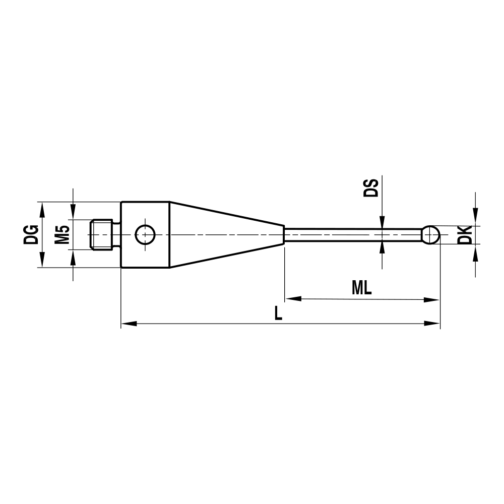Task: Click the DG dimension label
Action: (31, 234)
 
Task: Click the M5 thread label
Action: (62, 235)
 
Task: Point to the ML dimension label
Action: (361, 288)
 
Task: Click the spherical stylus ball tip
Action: (430, 234)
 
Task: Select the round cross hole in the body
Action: (146, 234)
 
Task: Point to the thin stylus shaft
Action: (353, 234)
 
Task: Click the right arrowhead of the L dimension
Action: (433, 323)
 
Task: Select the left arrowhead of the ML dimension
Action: (293, 299)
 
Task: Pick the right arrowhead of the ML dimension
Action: (432, 299)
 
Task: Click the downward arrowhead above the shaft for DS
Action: (382, 222)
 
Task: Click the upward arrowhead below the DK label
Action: (475, 251)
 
